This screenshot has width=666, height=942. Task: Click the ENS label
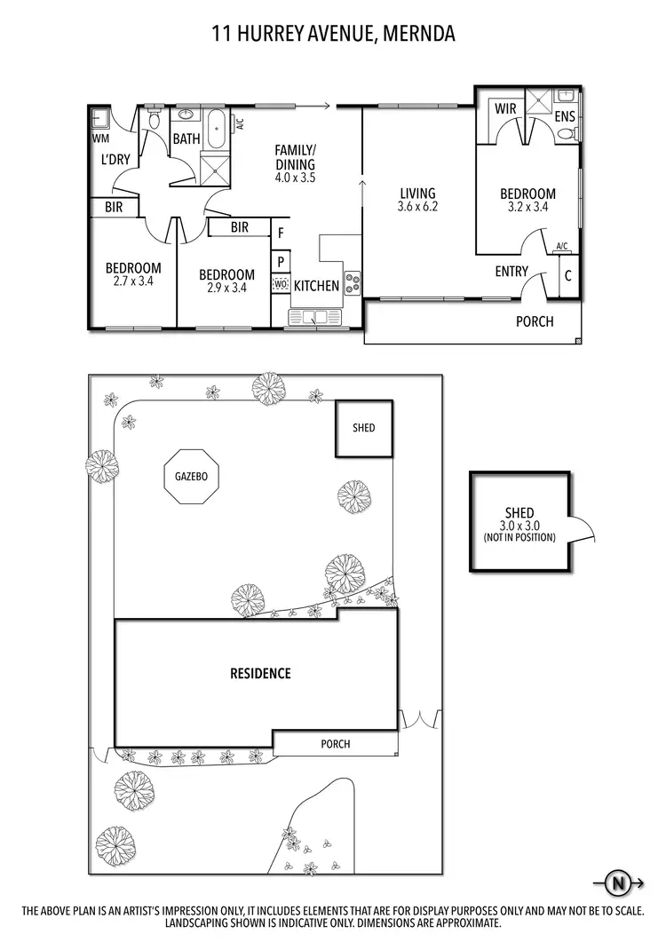565,116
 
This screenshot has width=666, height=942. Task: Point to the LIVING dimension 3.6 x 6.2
416,207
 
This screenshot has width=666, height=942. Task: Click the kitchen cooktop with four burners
353,283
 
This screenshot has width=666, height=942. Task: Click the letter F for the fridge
281,234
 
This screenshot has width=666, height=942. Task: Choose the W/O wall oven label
281,285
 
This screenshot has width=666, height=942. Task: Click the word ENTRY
511,272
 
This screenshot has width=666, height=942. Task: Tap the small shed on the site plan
363,428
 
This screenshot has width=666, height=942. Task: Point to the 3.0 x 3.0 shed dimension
519,525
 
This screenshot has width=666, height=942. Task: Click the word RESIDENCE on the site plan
260,673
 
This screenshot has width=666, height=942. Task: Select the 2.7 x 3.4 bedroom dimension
133,281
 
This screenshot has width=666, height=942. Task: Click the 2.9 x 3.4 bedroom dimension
226,288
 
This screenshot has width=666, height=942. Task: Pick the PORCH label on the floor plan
535,321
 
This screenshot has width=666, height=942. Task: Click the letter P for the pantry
281,262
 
